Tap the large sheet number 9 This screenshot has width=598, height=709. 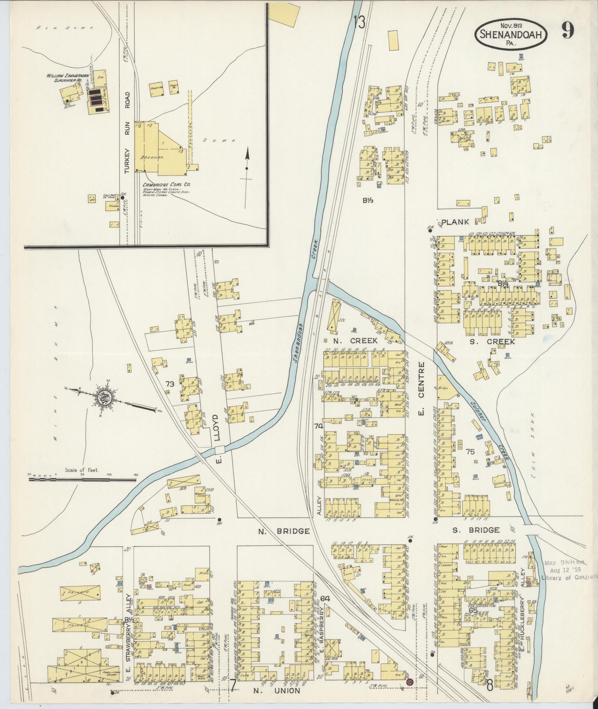click(x=567, y=31)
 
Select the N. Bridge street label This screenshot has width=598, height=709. click(x=284, y=531)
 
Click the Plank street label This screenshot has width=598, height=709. click(x=455, y=222)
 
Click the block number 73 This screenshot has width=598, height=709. click(x=169, y=383)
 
